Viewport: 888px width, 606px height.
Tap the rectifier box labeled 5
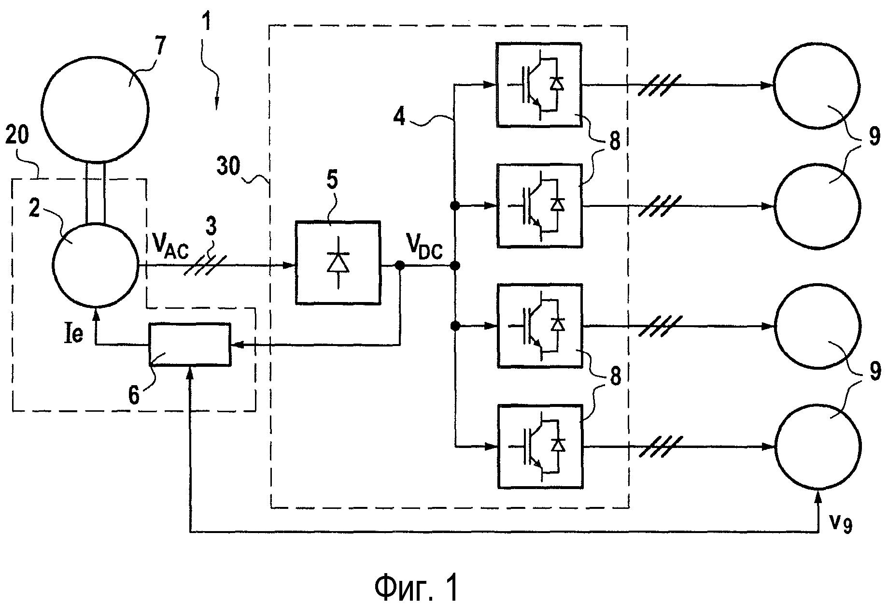point(338,262)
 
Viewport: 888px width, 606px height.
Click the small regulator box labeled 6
point(190,344)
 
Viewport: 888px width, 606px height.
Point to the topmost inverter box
point(539,85)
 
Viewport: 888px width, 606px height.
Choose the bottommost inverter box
point(540,446)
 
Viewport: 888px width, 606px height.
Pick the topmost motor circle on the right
point(817,86)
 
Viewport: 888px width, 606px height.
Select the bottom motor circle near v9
point(818,446)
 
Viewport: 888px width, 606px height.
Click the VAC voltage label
point(171,248)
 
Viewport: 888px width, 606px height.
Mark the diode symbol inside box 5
point(338,263)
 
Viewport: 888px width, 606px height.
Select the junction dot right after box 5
point(400,265)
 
